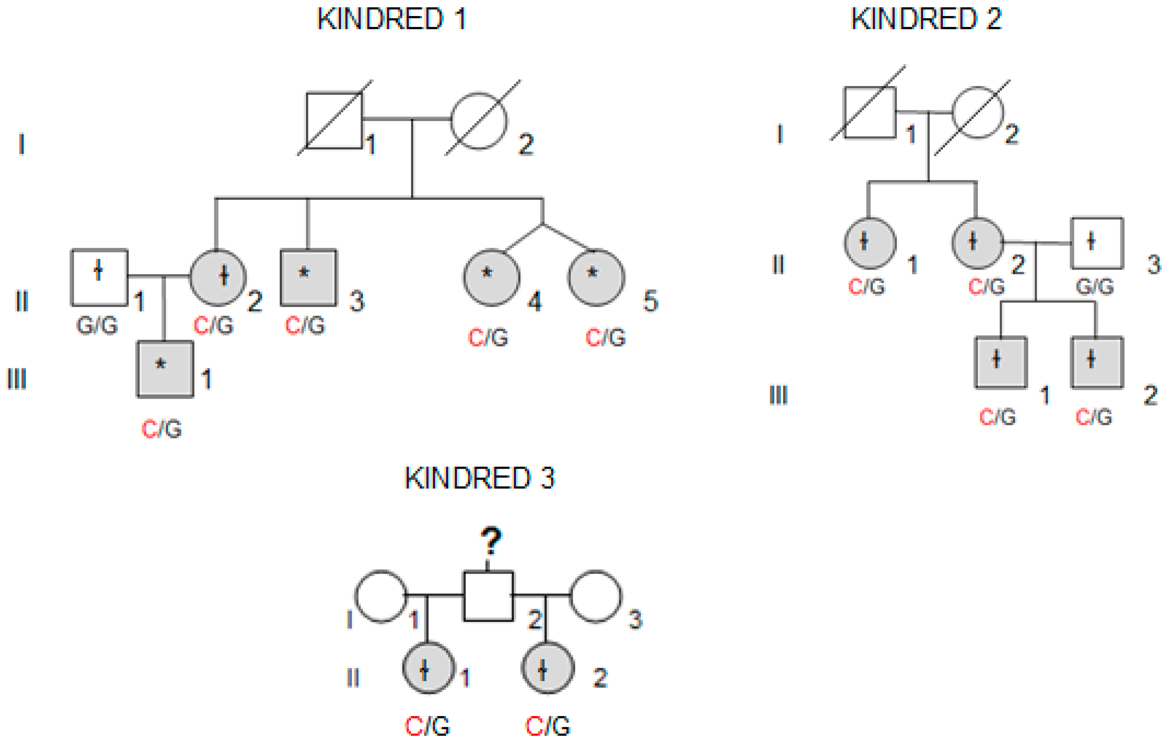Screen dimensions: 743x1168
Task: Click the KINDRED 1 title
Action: coord(392,19)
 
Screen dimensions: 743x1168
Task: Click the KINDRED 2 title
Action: coord(926,19)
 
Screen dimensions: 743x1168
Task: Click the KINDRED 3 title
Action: coord(479,479)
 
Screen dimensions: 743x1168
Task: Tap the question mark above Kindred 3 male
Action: coord(491,542)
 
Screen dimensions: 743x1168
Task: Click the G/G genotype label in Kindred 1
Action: coord(97,325)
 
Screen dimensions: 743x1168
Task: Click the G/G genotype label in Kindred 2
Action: coord(1095,287)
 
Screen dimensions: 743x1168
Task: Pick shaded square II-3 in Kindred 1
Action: coord(308,278)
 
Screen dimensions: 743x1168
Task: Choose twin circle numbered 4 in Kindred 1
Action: coord(491,278)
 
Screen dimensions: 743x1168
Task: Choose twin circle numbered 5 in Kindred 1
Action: coord(596,278)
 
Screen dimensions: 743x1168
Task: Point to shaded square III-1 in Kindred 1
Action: coord(165,369)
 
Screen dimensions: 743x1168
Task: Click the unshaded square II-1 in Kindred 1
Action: coord(99,278)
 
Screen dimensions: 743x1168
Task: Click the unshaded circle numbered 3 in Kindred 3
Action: coord(595,596)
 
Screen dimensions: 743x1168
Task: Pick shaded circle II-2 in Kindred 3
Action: coord(548,668)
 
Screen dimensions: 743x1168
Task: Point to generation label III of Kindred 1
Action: coord(16,379)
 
